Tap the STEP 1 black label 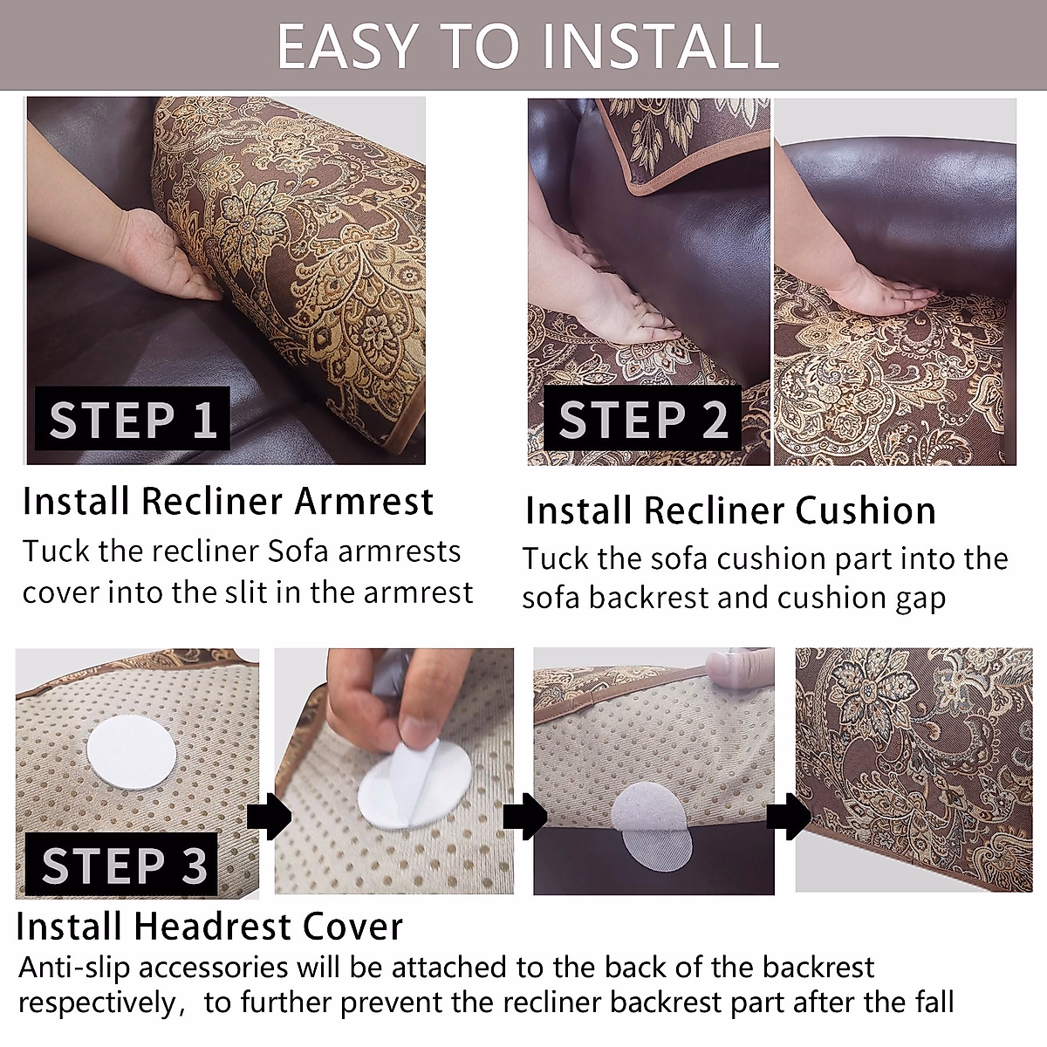[x=133, y=419]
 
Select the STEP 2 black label [x=643, y=419]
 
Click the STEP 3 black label [x=121, y=864]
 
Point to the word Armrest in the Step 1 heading [x=364, y=501]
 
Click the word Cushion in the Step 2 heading [x=866, y=511]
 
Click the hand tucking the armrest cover [x=163, y=256]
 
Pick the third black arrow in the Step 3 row [x=789, y=818]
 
